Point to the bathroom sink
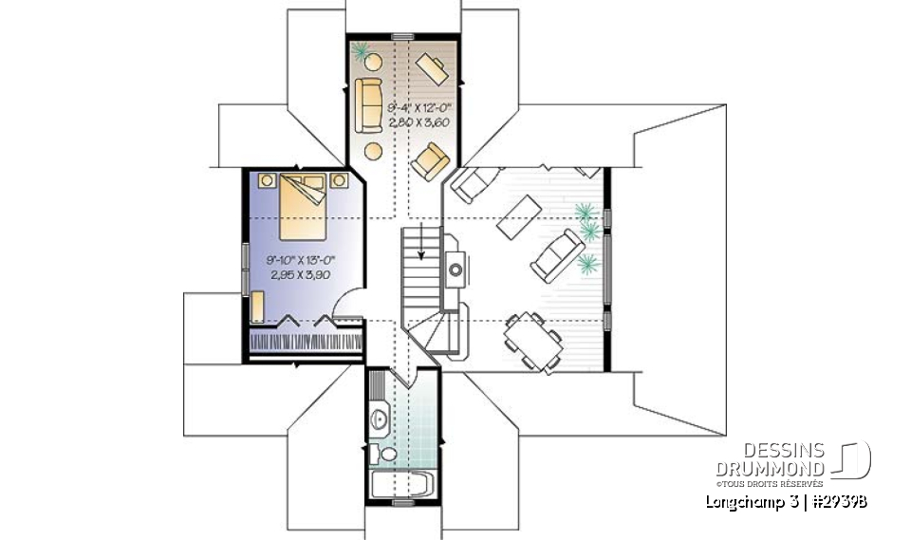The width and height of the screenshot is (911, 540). [381, 417]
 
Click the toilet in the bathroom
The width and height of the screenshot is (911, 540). [376, 453]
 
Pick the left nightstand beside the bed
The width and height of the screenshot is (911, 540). [268, 177]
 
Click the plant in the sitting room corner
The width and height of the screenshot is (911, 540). [361, 49]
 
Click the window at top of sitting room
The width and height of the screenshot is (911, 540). [402, 37]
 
